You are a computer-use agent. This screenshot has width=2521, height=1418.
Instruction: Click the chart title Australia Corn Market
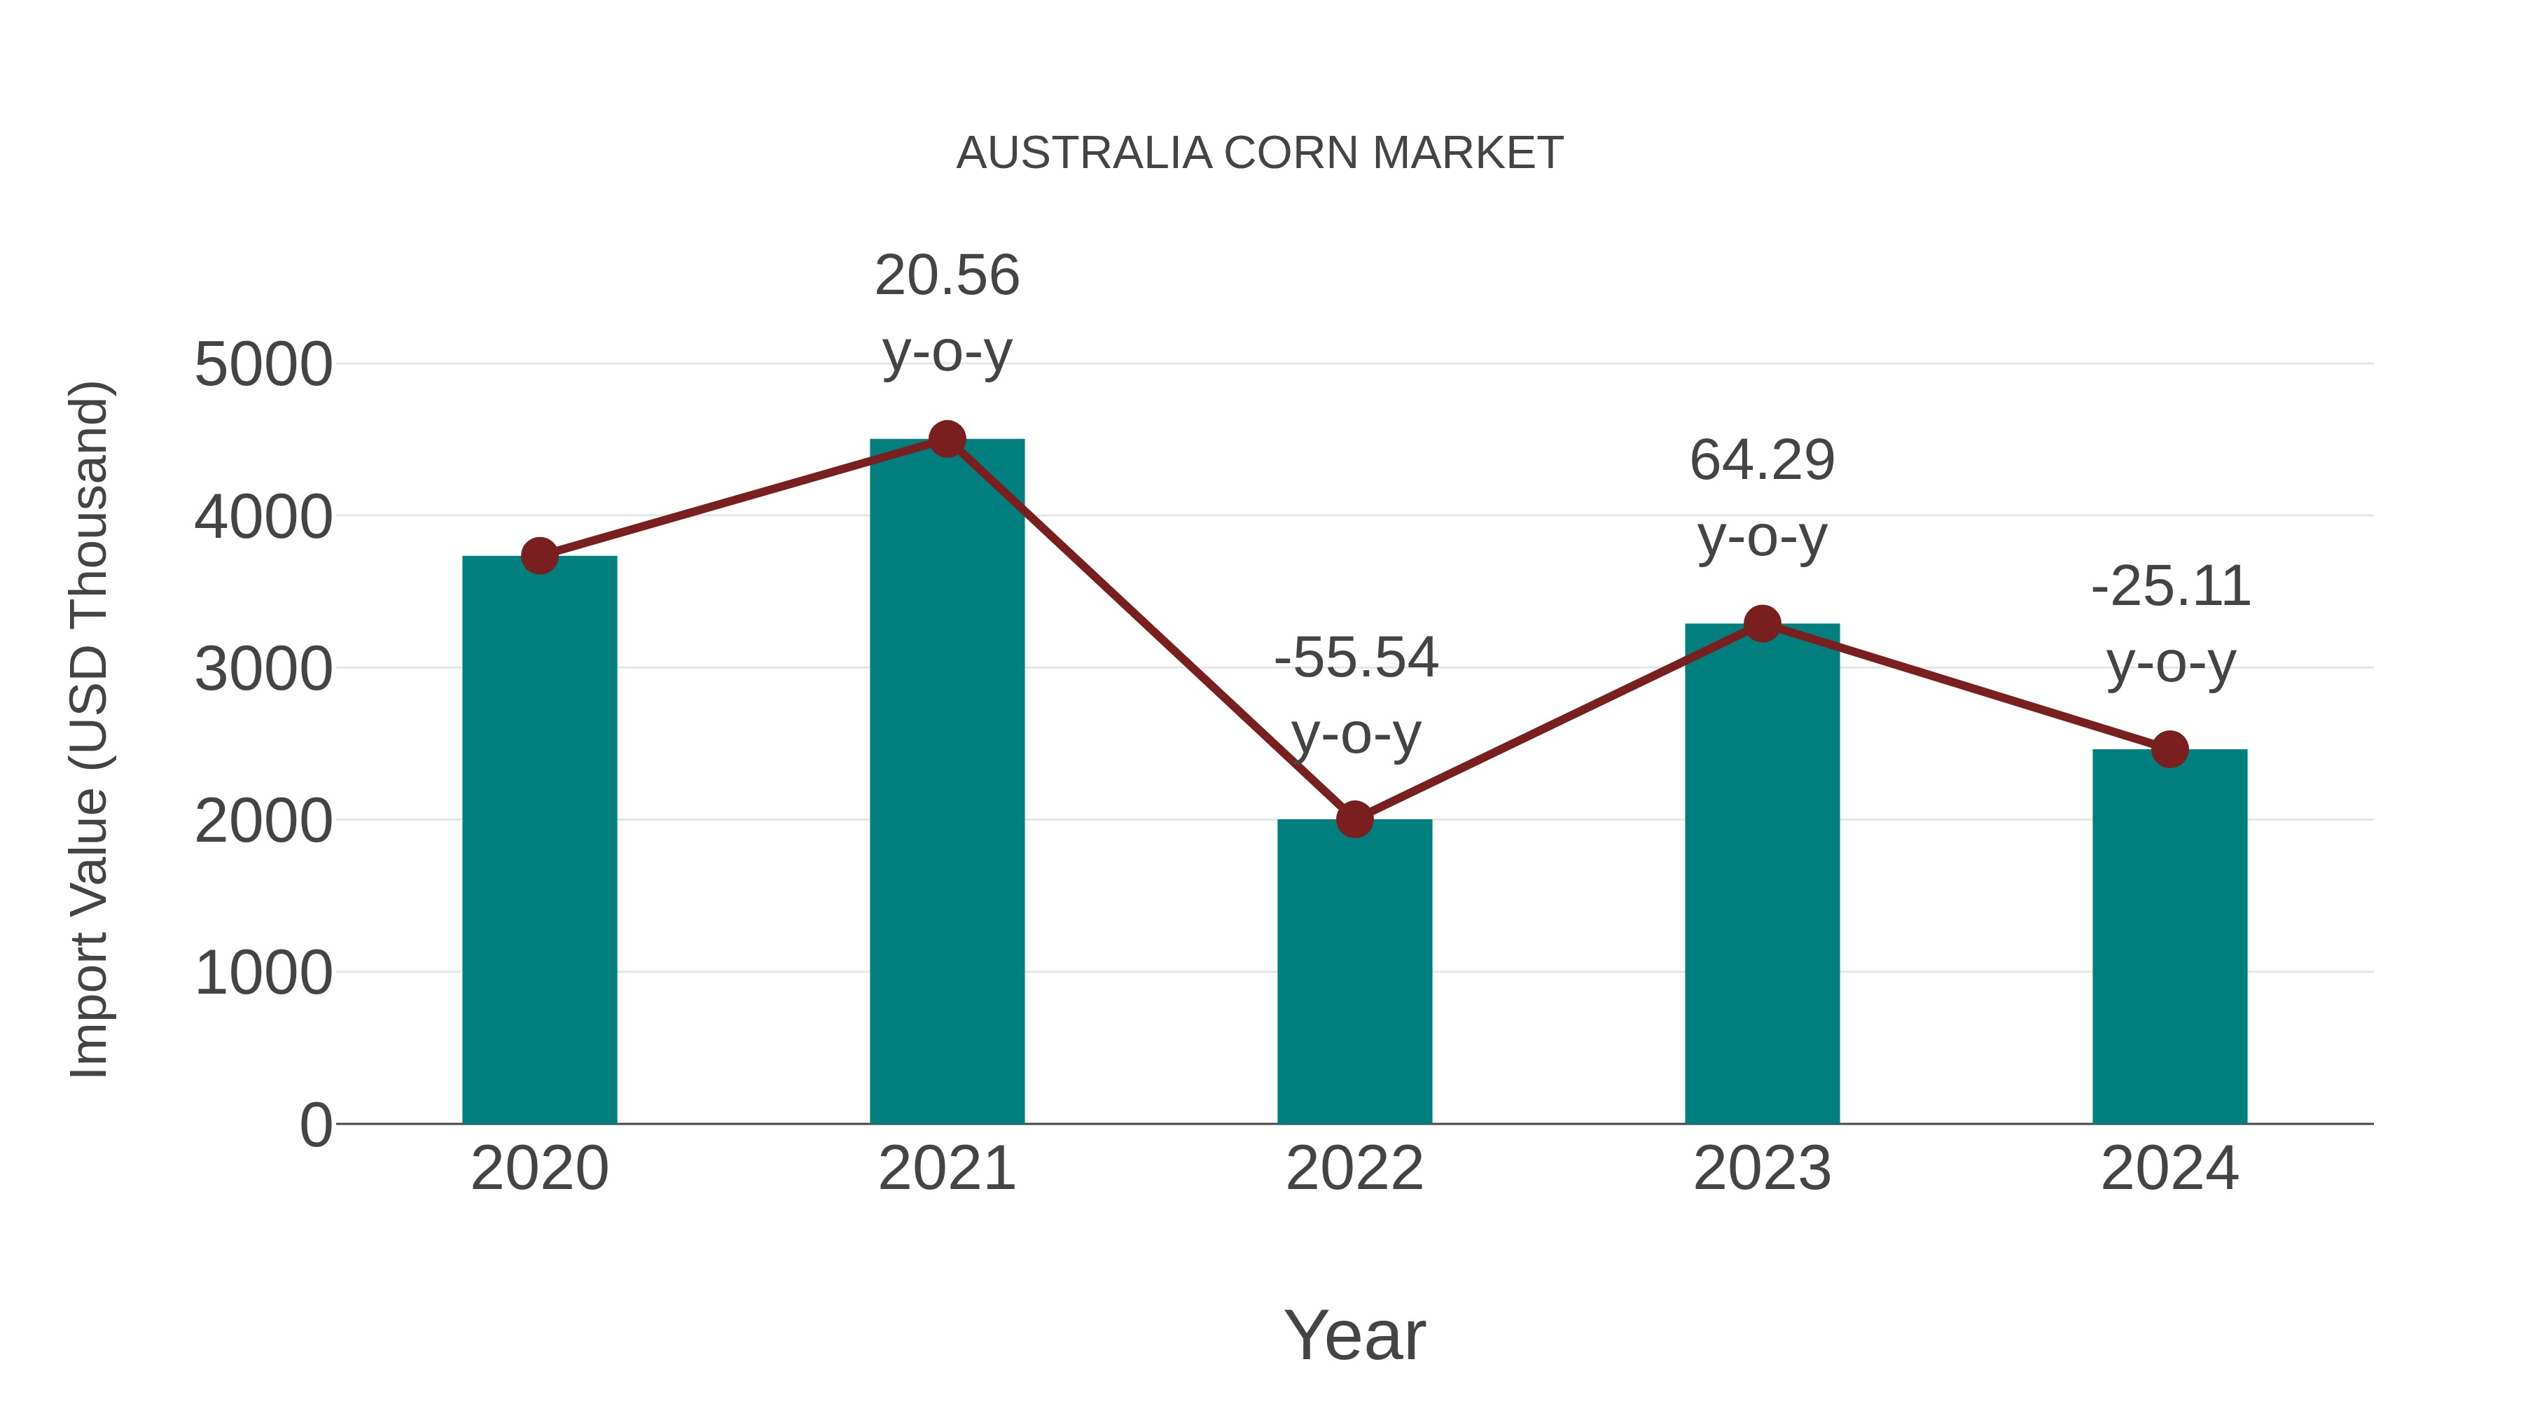(1260, 153)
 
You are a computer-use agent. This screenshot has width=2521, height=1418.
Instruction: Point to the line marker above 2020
(539, 556)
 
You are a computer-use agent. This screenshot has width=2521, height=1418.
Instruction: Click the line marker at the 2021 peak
(946, 439)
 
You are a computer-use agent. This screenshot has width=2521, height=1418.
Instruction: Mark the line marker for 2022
(1354, 819)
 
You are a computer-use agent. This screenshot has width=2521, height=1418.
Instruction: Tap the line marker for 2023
(1762, 623)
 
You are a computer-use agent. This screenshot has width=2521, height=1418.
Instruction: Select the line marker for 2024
(2169, 749)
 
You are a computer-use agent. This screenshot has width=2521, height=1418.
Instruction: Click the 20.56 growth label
(946, 276)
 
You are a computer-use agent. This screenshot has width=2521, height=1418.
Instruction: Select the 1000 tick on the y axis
(263, 974)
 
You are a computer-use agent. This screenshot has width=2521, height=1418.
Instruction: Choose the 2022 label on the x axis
(1354, 1169)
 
